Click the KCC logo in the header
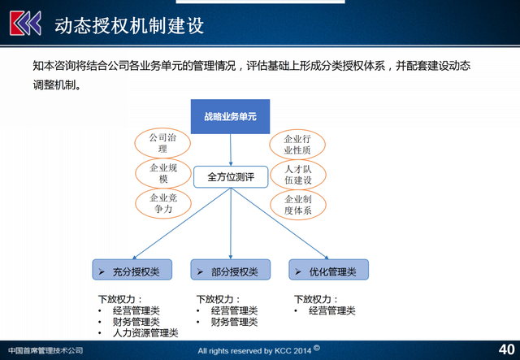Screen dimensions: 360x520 [x=24, y=24]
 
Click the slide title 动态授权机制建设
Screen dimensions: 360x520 [x=128, y=25]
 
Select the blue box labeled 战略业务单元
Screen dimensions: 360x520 [x=230, y=117]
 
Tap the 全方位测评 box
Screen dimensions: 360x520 [x=230, y=176]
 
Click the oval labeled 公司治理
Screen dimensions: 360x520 [x=162, y=143]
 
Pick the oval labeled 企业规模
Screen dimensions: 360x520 [x=162, y=174]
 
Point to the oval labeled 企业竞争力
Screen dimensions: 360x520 [x=162, y=203]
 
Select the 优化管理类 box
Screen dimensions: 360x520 [x=328, y=271]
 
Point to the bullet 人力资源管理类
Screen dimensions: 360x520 [x=145, y=333]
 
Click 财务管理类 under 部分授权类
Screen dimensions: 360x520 [x=234, y=322]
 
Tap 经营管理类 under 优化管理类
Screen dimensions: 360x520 [x=332, y=310]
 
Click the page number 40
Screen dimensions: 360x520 [x=505, y=349]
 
